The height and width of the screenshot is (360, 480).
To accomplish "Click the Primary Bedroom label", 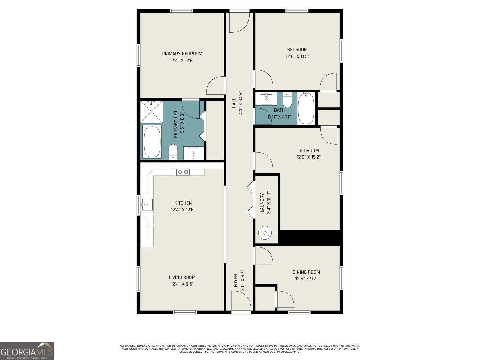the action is [182, 54].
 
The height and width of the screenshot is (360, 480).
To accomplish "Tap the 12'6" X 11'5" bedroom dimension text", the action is [297, 56].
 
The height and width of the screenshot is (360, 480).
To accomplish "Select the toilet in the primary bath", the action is [173, 152].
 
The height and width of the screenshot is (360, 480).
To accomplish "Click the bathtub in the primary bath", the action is [152, 142].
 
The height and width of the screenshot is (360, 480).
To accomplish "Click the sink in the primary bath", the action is [193, 153].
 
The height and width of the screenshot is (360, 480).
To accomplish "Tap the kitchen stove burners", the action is [183, 172].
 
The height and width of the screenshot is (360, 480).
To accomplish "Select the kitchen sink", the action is [147, 205].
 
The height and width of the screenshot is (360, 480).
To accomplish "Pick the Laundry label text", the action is [262, 203].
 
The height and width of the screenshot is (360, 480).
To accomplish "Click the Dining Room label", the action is [306, 272].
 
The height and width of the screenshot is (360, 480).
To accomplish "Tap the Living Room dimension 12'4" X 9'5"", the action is [182, 284].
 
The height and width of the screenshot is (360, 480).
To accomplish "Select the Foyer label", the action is [235, 281].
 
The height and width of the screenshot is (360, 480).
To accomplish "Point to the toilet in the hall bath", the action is [287, 100].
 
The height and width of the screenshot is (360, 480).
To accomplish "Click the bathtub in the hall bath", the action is [306, 109].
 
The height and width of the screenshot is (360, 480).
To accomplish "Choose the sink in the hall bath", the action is [266, 99].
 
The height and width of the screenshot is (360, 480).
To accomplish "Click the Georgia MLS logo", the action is [27, 351].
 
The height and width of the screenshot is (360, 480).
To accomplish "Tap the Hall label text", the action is [234, 103].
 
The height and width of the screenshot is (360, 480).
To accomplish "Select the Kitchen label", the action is [183, 203].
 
